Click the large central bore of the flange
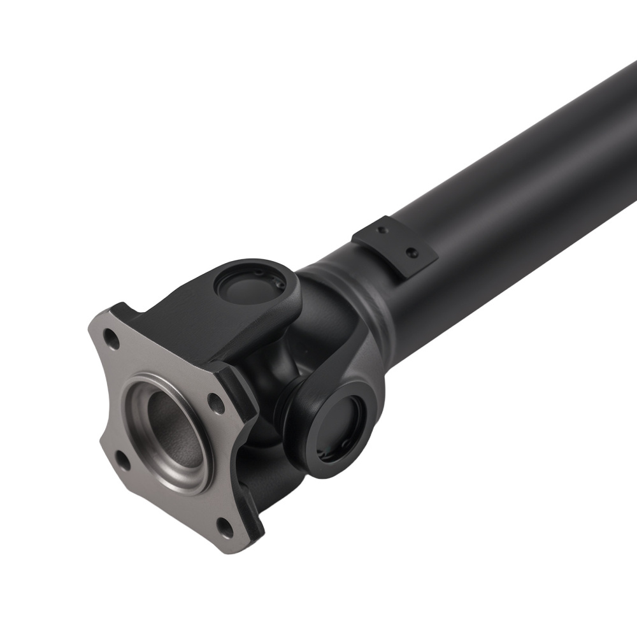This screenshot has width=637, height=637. tap(172, 433)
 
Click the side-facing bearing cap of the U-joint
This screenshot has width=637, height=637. tap(343, 424)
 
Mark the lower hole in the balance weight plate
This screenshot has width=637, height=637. tap(411, 253)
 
